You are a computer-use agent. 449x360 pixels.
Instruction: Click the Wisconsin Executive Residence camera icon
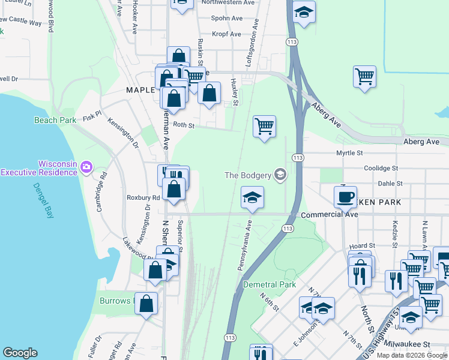(x=87, y=166)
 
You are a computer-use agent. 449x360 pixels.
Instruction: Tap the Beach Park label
(x=55, y=120)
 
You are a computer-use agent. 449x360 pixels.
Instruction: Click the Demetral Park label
(x=270, y=284)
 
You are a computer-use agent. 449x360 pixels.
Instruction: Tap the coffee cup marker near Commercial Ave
(x=345, y=196)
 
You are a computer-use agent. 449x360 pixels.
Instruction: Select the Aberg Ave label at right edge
(x=421, y=142)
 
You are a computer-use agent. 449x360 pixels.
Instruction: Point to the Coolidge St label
(x=379, y=169)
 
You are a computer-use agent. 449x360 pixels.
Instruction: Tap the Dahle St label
(x=390, y=184)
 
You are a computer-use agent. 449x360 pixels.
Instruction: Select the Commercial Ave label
(x=330, y=214)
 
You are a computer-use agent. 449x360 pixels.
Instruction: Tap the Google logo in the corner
(x=20, y=353)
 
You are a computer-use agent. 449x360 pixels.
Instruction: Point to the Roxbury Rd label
(x=143, y=197)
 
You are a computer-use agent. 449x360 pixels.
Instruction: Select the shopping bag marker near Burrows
(x=146, y=304)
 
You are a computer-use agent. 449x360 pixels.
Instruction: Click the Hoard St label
(x=363, y=245)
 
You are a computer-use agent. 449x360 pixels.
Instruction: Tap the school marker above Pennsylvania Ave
(x=252, y=197)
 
